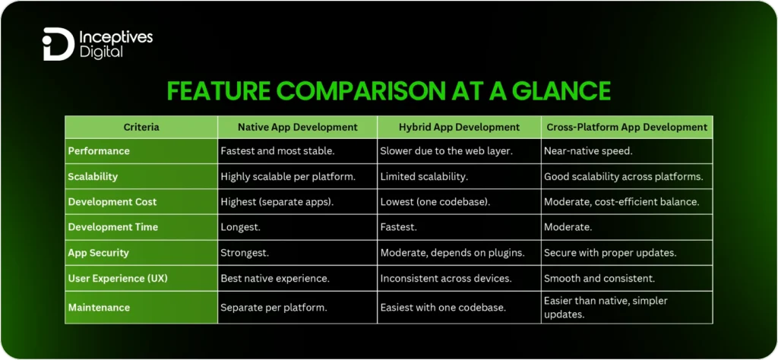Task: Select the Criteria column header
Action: [x=141, y=127]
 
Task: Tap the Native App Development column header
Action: [x=297, y=127]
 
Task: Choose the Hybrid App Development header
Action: [x=459, y=127]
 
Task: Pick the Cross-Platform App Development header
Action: [x=627, y=127]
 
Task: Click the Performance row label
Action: [x=99, y=151]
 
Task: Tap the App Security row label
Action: [x=99, y=253]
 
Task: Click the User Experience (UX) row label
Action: [x=118, y=279]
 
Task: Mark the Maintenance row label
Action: [x=99, y=308]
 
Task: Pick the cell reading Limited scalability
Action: [x=425, y=176]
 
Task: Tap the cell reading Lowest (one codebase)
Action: [x=434, y=201]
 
